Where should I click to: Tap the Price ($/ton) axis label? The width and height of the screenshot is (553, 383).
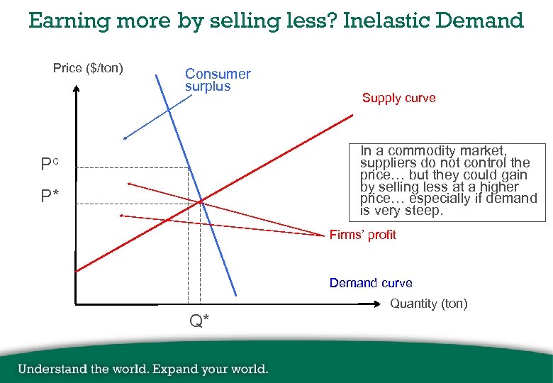point(88,69)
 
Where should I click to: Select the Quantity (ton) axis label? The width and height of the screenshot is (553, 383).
point(429,304)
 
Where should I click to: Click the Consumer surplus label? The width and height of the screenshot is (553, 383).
point(218,79)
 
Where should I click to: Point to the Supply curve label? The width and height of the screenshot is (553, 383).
point(398,98)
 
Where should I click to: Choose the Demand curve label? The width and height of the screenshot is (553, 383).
point(370,283)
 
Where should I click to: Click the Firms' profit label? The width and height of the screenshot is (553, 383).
point(362,235)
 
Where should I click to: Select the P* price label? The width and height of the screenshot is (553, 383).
point(49,196)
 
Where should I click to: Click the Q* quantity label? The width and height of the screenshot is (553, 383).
point(199,321)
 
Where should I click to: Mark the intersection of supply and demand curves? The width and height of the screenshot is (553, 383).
point(201,203)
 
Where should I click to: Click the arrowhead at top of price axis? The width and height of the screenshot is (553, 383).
point(74,89)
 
